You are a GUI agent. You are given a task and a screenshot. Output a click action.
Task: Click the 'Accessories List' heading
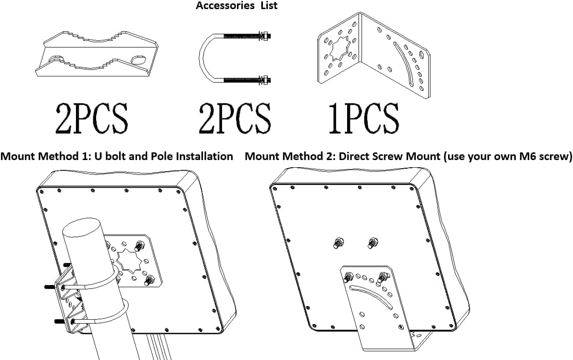click(237, 5)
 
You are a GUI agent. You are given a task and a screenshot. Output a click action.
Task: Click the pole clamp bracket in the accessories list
click(97, 54)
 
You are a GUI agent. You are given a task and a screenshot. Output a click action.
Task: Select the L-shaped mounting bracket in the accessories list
click(373, 54)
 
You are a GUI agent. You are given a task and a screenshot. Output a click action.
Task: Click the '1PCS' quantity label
click(363, 118)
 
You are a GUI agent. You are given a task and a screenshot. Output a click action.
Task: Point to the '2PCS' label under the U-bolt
click(235, 118)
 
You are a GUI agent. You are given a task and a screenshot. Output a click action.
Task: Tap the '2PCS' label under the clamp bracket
click(92, 118)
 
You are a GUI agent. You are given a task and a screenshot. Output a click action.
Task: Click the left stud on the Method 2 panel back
click(338, 243)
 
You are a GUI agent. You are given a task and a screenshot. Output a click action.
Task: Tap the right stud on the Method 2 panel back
click(373, 242)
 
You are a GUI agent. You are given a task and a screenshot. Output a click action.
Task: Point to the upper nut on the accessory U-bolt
click(265, 36)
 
